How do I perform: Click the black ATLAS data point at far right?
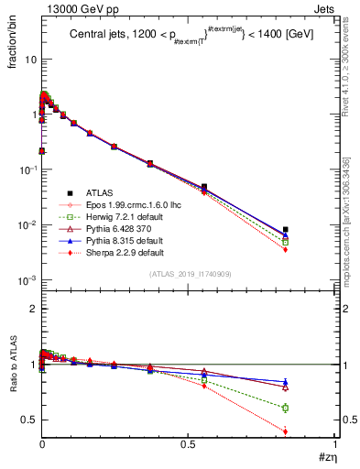click(311, 229)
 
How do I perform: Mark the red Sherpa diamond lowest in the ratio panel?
click(311, 431)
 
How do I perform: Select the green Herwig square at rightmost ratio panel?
click(311, 408)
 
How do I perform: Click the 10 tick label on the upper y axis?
click(28, 59)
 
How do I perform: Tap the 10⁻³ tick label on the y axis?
click(25, 280)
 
